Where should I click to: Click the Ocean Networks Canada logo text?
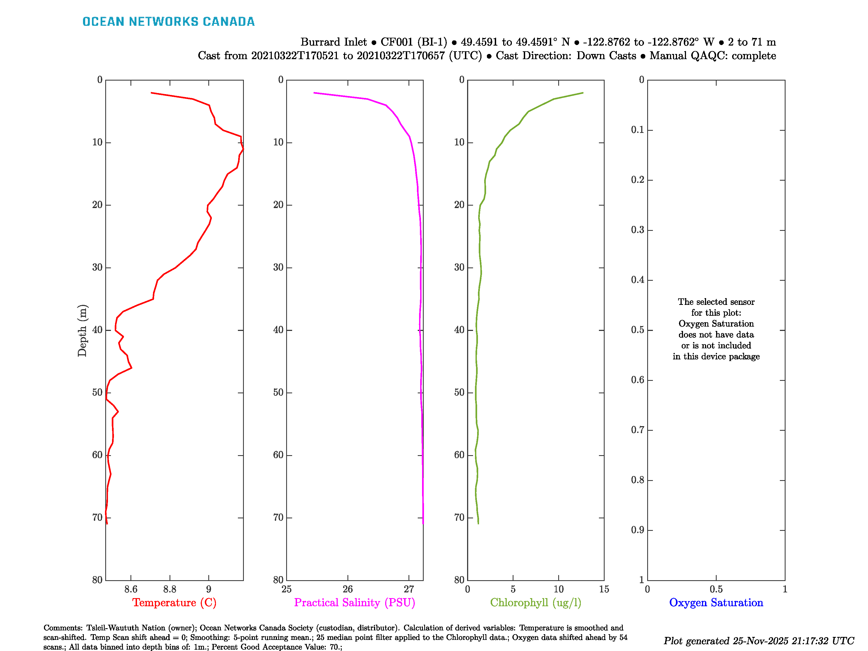tap(168, 22)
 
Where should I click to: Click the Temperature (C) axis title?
tap(174, 602)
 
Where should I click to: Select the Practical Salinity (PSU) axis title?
tap(354, 602)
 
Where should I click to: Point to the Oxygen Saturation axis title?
tap(716, 602)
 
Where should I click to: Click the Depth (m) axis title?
tap(82, 330)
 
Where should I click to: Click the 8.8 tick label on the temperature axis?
tap(170, 589)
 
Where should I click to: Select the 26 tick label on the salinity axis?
tap(348, 589)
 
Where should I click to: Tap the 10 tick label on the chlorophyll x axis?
tap(559, 589)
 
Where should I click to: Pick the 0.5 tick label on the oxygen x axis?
tap(716, 589)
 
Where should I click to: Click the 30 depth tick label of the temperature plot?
tap(97, 268)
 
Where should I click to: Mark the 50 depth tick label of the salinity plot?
tap(278, 393)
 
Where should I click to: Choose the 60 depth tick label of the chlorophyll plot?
tap(459, 455)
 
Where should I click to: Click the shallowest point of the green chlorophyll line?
tap(583, 93)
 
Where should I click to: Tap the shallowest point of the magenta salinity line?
tap(314, 93)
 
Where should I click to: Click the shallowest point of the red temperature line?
tap(151, 93)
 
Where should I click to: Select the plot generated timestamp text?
tap(758, 641)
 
